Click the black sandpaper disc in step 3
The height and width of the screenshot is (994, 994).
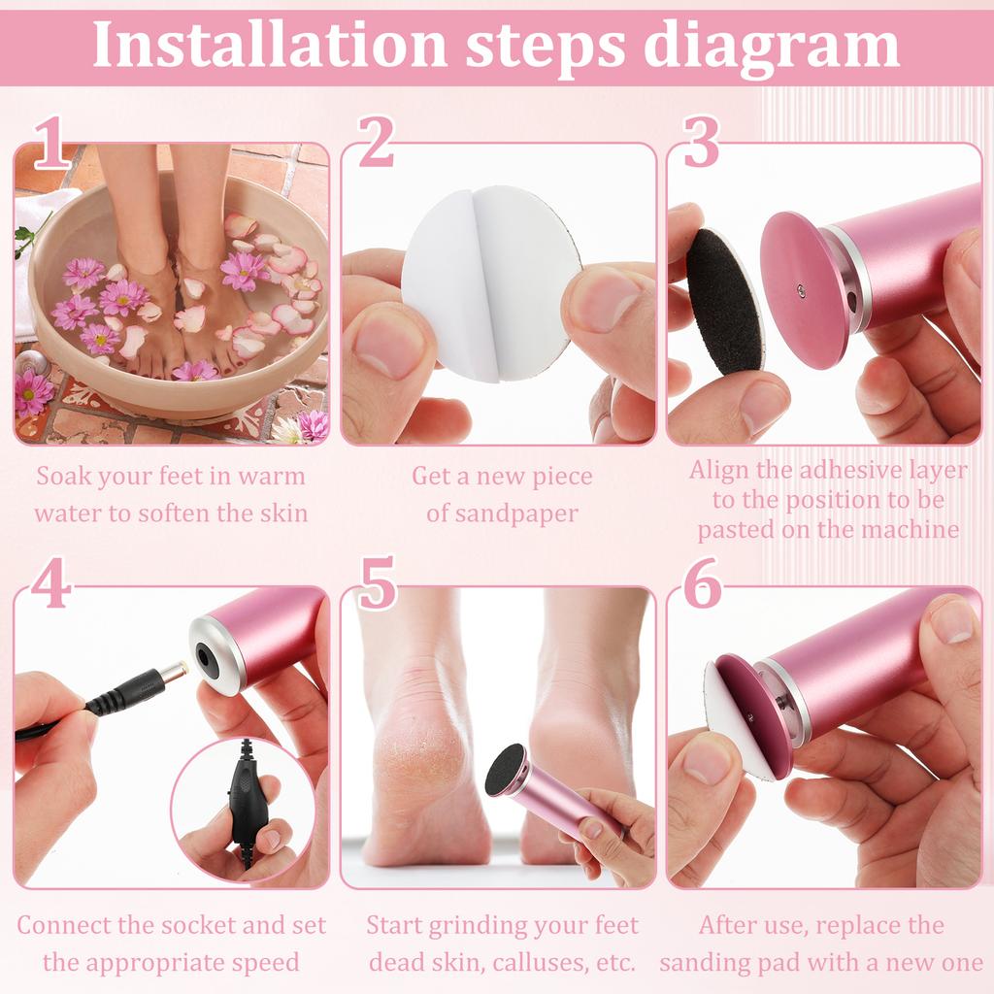[x=724, y=300]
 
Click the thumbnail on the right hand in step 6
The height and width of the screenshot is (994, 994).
[x=951, y=621]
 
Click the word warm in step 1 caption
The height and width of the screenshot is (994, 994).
[x=271, y=476]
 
